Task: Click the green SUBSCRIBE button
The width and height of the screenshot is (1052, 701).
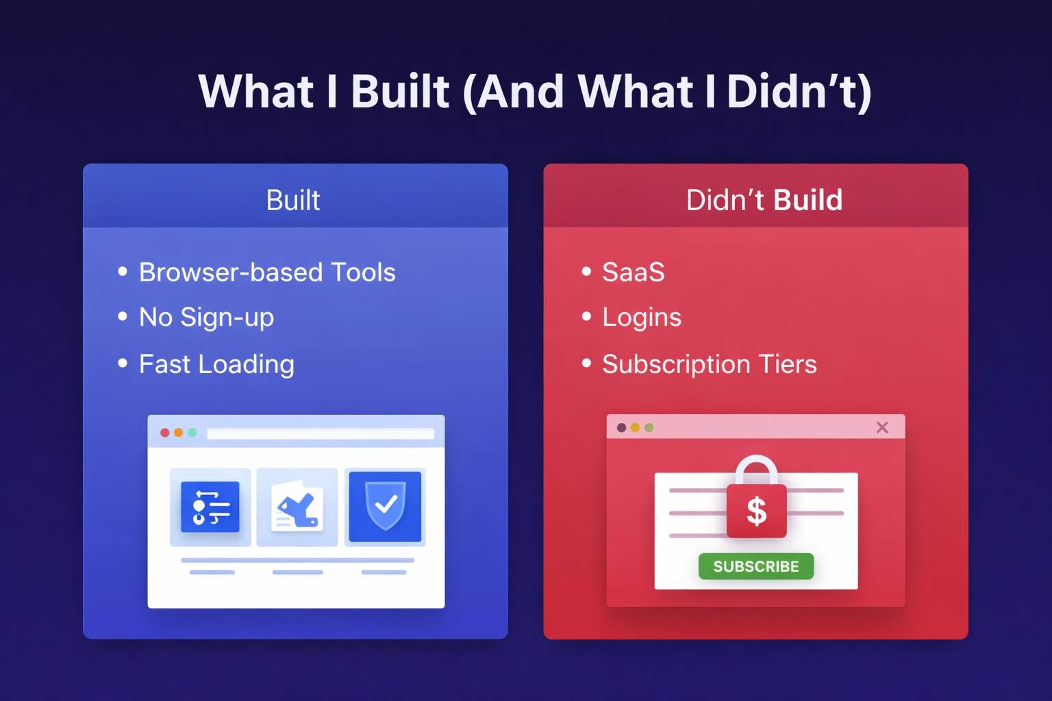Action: pyautogui.click(x=755, y=566)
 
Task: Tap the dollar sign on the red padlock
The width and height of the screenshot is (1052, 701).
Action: pyautogui.click(x=757, y=511)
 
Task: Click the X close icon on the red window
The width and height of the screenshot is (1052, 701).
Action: pyautogui.click(x=882, y=427)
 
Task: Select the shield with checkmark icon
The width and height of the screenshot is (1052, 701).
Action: pyautogui.click(x=385, y=506)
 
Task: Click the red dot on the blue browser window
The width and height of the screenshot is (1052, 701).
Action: pyautogui.click(x=165, y=433)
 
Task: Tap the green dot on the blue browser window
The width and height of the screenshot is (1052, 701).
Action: pyautogui.click(x=192, y=433)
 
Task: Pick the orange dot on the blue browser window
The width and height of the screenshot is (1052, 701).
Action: pyautogui.click(x=179, y=433)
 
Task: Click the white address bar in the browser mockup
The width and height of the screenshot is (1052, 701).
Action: pyautogui.click(x=321, y=433)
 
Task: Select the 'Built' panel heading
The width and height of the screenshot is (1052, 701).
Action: pyautogui.click(x=293, y=200)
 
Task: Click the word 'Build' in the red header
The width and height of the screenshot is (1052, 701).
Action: pyautogui.click(x=807, y=200)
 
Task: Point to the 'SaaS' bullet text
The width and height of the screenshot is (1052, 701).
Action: pyautogui.click(x=633, y=272)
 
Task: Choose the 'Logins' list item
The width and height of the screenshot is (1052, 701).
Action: pyautogui.click(x=642, y=318)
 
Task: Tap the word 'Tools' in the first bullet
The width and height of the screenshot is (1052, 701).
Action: pyautogui.click(x=363, y=272)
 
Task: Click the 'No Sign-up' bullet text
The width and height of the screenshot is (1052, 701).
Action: pyautogui.click(x=206, y=318)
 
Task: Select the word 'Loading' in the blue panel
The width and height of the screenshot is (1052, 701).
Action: pyautogui.click(x=246, y=365)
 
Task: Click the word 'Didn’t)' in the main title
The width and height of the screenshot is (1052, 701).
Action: pyautogui.click(x=799, y=92)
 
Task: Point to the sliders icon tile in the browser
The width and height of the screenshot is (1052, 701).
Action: pyautogui.click(x=210, y=507)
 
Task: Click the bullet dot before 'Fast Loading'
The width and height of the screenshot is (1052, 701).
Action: pyautogui.click(x=123, y=363)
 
